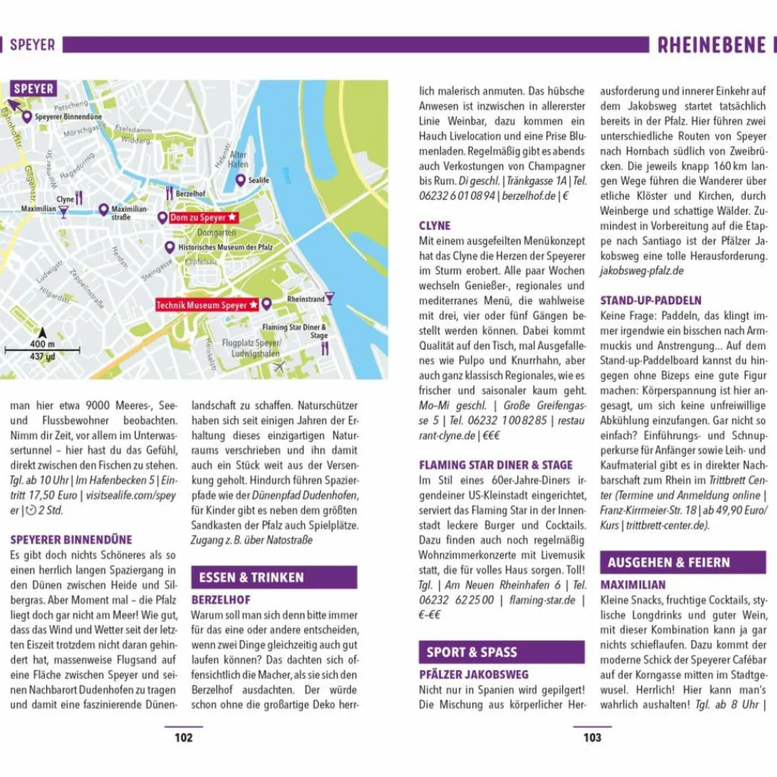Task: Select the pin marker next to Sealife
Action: point(241,181)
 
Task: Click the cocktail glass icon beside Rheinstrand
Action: point(329,298)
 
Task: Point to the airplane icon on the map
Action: point(279,366)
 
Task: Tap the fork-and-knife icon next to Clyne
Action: point(79,199)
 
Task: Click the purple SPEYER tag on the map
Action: point(33,90)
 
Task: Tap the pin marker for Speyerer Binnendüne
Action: point(27,117)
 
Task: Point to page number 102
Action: point(184,738)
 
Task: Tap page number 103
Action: point(592,738)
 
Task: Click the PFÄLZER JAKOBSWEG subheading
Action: point(473,675)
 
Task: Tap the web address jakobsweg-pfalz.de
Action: point(641,271)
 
